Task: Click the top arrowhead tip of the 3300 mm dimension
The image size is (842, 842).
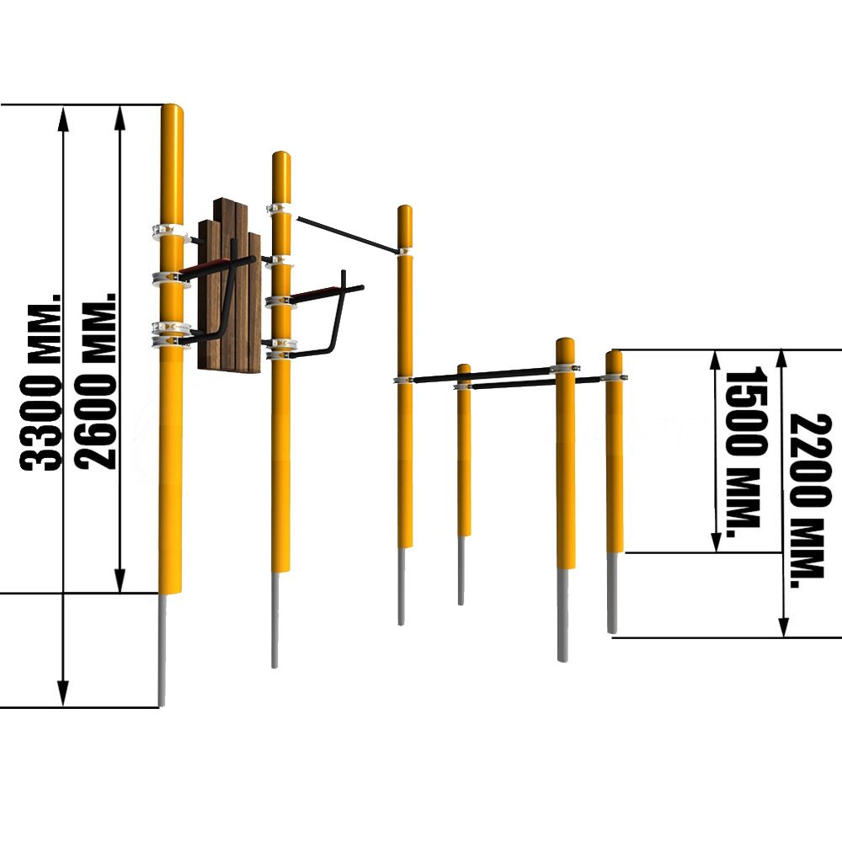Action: [x=63, y=106]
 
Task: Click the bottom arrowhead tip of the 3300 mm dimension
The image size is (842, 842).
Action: [x=63, y=706]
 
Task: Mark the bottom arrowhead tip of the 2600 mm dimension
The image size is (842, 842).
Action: [x=120, y=593]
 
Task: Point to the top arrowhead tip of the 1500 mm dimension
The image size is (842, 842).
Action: [x=715, y=350]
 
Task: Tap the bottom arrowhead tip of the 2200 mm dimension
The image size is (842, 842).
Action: [x=783, y=637]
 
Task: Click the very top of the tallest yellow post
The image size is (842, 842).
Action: [x=173, y=104]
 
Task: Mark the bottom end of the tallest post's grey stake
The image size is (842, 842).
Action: [x=162, y=705]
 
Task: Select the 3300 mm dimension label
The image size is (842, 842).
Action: [x=41, y=381]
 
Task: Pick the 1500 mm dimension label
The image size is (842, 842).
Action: [x=743, y=451]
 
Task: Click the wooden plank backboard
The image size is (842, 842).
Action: [x=230, y=285]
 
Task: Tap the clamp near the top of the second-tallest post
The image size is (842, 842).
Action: [x=280, y=208]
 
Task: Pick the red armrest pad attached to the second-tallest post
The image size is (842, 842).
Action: [x=317, y=293]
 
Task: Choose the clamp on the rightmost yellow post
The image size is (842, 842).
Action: [x=614, y=377]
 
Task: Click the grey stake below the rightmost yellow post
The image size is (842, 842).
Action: [x=613, y=593]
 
